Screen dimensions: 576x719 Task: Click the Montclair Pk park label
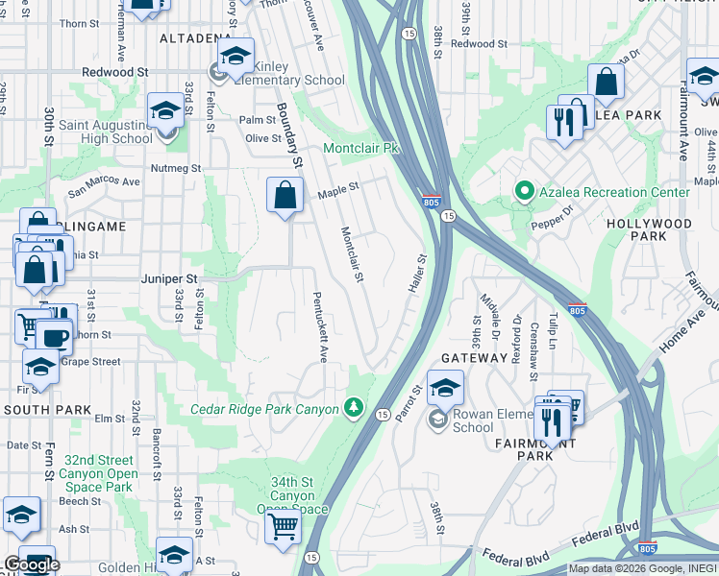[x=360, y=149]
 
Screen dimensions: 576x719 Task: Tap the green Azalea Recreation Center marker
[x=524, y=192]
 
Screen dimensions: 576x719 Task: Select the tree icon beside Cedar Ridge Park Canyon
[x=355, y=409]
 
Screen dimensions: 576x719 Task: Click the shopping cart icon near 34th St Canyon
[x=283, y=525]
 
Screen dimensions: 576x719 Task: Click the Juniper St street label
[x=169, y=278]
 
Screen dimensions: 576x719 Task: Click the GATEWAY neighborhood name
[x=474, y=357]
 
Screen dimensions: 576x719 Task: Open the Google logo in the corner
[x=32, y=564]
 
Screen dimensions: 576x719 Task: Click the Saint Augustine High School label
[x=106, y=132]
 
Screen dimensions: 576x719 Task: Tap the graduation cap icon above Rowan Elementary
[x=445, y=388]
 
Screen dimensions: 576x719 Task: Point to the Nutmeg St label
[x=175, y=168]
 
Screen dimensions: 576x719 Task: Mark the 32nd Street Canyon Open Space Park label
[x=96, y=473]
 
